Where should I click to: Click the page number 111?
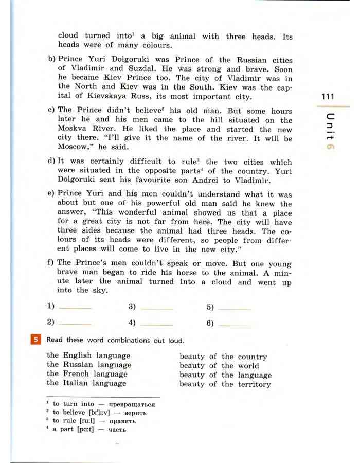(x=327, y=97)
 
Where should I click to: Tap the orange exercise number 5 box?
(x=35, y=340)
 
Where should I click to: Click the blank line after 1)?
(x=75, y=308)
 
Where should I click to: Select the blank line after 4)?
(x=156, y=324)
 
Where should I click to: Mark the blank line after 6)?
(x=235, y=324)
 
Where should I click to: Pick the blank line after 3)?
(x=156, y=308)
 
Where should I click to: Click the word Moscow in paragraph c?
(x=72, y=148)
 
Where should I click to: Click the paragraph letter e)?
(x=51, y=194)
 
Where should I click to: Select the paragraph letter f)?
(x=51, y=263)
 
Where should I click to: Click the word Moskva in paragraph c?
(x=73, y=129)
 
